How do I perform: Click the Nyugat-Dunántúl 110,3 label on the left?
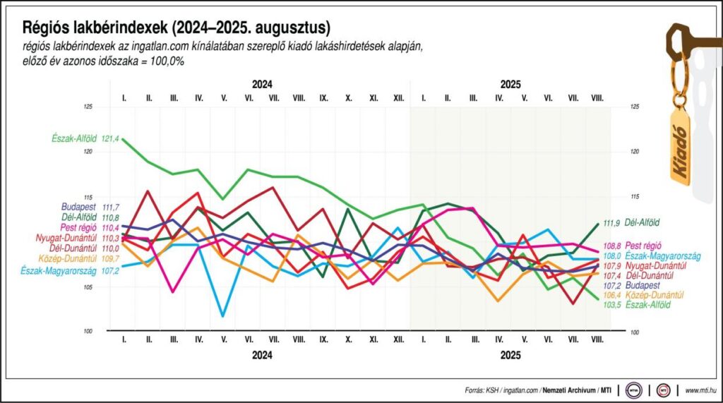(x=78, y=239)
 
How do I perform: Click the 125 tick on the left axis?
(x=88, y=107)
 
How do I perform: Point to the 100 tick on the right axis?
(x=634, y=332)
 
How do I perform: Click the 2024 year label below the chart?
(x=262, y=355)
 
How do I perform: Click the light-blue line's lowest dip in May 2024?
(x=223, y=315)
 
